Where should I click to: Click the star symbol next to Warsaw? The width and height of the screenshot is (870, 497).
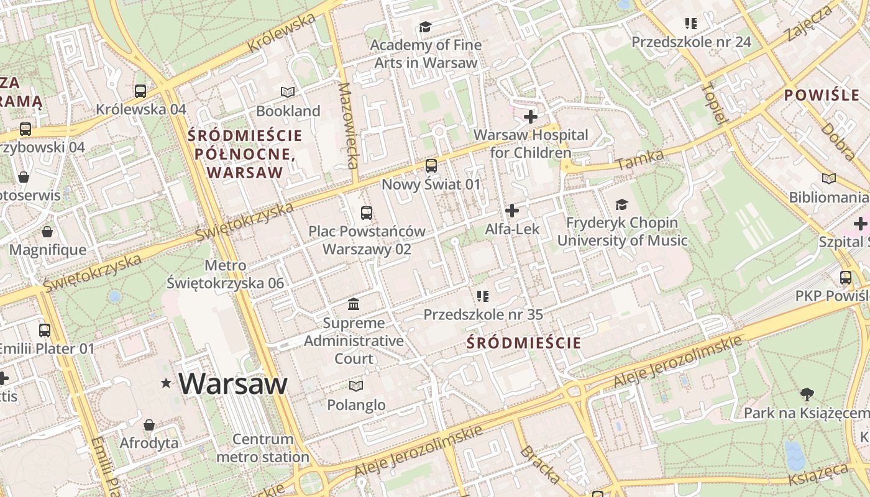(166, 383)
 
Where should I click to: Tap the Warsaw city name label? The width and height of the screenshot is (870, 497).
(233, 383)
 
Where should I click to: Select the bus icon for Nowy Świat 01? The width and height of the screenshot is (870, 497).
(431, 166)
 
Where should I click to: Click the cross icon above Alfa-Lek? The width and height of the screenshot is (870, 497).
(512, 211)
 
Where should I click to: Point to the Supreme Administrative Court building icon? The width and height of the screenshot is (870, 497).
(354, 304)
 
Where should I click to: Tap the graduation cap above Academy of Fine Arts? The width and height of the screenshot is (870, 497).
(425, 27)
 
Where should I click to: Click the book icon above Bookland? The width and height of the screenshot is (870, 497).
(287, 93)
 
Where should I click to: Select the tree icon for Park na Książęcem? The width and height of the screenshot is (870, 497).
(807, 394)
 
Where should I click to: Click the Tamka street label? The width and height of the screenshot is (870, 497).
(640, 160)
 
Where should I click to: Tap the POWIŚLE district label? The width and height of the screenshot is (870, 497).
(822, 96)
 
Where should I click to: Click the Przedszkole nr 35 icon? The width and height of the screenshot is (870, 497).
(483, 296)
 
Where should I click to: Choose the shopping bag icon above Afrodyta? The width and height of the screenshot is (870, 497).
(149, 426)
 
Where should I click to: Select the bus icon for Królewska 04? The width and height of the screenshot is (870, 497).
(140, 91)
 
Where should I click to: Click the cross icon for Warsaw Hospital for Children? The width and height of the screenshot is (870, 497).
(531, 117)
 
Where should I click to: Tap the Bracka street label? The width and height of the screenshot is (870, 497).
(539, 465)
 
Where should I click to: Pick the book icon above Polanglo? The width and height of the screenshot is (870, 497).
(355, 386)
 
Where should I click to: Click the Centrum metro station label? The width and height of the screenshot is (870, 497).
(263, 448)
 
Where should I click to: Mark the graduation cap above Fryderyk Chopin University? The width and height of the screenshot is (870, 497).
(621, 204)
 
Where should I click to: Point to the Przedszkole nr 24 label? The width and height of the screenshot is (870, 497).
(691, 42)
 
